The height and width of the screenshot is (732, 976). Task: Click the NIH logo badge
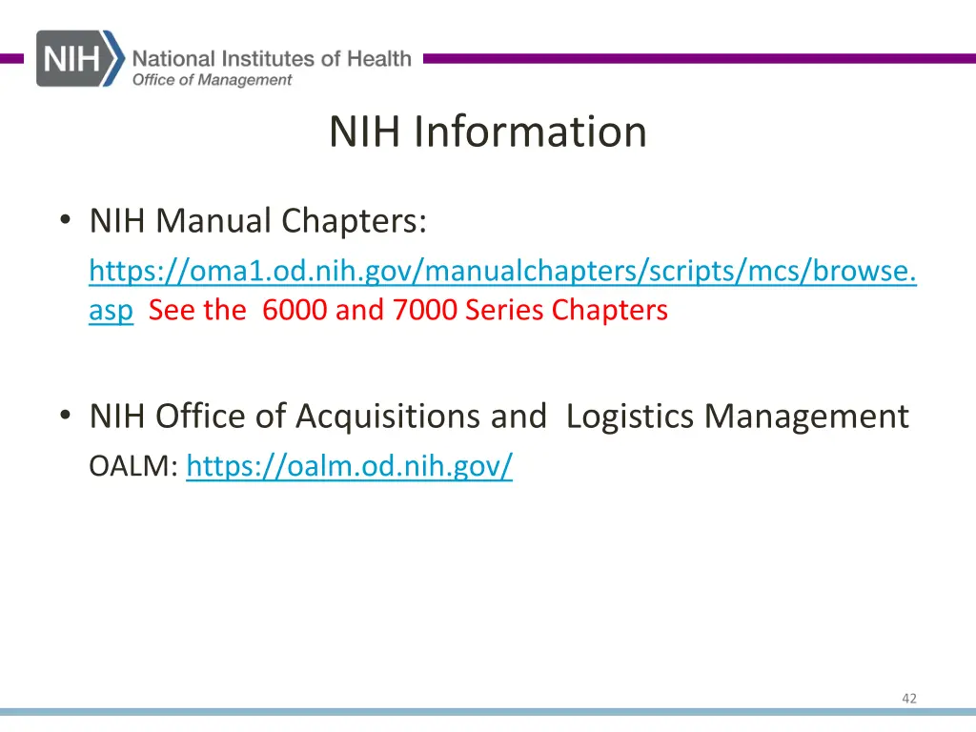click(x=80, y=59)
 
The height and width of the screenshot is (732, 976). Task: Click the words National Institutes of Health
click(x=272, y=58)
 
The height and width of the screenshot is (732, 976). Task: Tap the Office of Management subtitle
click(x=212, y=80)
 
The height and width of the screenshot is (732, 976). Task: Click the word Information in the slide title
click(x=530, y=132)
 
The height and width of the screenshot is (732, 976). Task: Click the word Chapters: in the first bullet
click(x=354, y=221)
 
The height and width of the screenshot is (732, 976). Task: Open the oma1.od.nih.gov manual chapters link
click(x=502, y=272)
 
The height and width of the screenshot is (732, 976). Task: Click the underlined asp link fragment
click(x=111, y=310)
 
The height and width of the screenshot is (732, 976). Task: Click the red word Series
click(x=505, y=310)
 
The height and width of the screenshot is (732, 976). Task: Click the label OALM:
click(x=132, y=467)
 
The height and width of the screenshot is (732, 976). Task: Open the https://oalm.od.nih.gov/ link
click(x=349, y=467)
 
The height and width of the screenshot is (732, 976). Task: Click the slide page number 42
click(x=908, y=699)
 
